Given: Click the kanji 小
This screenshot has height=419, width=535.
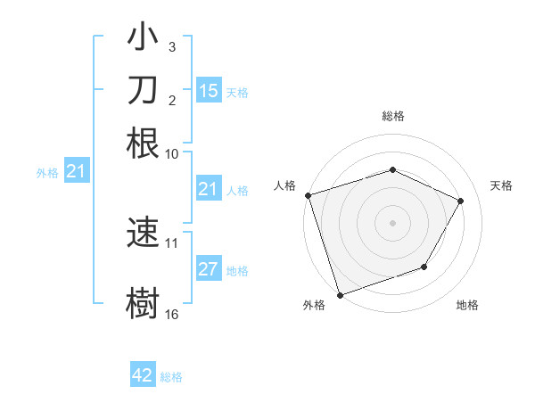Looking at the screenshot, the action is point(143,41).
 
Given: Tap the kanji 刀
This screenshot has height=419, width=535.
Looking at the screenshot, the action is point(143,93).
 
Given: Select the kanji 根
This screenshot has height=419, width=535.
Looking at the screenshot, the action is point(143,144).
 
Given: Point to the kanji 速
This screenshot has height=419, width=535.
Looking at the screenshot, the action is point(143,234).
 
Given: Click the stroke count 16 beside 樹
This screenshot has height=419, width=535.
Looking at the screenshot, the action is point(172,315).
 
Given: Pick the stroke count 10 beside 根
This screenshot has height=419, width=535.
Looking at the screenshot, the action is point(172,153).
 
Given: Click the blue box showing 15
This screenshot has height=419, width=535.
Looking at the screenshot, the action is point(208,91).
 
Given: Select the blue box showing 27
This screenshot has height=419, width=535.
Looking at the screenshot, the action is point(208,270).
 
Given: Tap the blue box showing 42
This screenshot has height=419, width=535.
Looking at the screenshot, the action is point(143,375).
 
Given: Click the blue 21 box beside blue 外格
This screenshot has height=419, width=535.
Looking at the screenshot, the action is point(76,172).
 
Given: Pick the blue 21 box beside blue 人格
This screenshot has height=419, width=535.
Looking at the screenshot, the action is point(208,189).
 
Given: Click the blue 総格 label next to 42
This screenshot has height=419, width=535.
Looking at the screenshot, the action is point(171,377).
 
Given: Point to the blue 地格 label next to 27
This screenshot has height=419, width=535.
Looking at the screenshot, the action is point(237,271).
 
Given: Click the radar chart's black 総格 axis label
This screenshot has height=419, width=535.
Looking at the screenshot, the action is point(392,116).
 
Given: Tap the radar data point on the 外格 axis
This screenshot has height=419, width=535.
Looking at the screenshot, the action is point(340,294).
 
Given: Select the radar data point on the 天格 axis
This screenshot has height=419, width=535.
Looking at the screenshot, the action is point(461,201).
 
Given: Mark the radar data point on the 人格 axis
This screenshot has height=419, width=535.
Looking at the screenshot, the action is point(308,195).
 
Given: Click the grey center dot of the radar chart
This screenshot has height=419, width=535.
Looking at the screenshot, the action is point(392,222).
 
